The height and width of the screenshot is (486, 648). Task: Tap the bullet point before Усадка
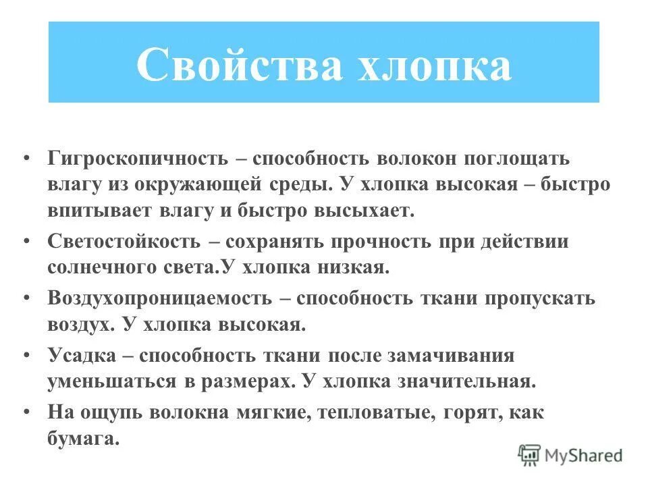point(26,354)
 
